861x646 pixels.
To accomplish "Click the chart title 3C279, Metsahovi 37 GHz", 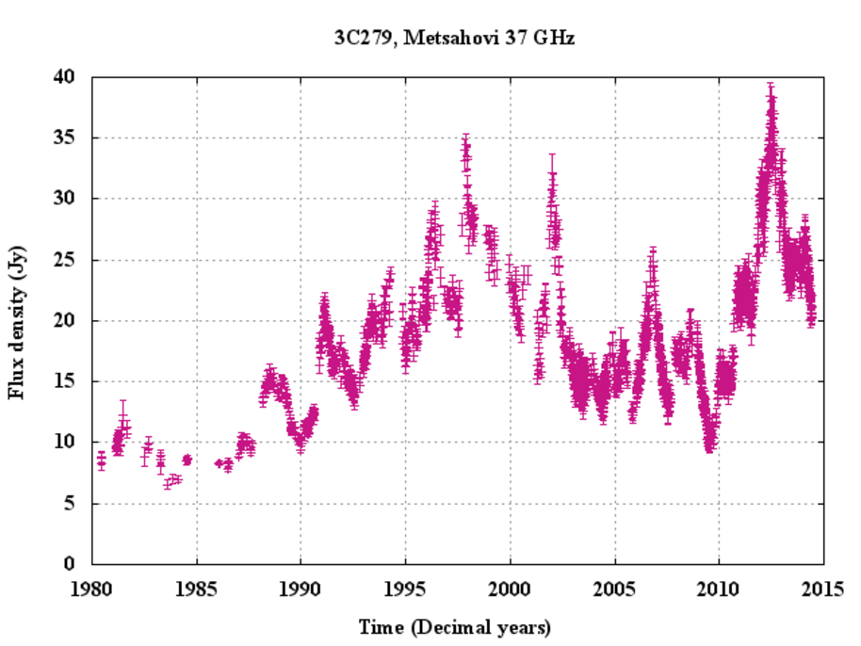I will [x=456, y=39].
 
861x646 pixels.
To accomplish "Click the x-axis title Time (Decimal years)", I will [x=455, y=627].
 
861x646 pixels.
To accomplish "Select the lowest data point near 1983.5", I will [x=168, y=484].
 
